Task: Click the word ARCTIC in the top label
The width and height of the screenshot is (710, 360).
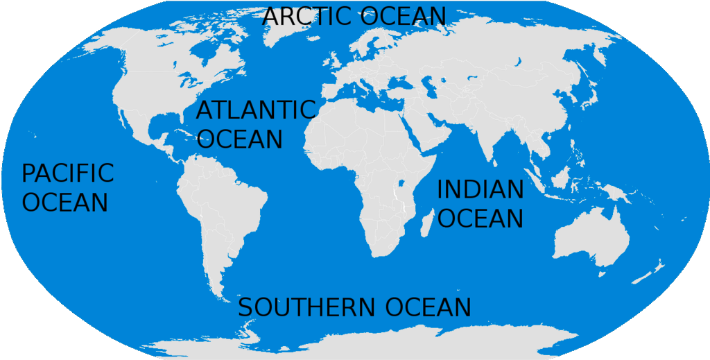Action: click(x=306, y=16)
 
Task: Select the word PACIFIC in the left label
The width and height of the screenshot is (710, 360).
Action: click(x=68, y=173)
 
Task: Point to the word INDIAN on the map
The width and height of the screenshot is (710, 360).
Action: click(x=480, y=189)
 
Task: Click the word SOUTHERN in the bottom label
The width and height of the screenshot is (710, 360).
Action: click(x=305, y=307)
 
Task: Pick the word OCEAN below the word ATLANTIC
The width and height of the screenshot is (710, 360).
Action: click(x=240, y=138)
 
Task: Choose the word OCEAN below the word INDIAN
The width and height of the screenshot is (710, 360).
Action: click(x=480, y=218)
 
